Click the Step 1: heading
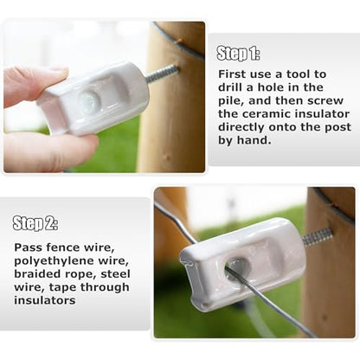coord(238,54)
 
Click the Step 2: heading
coord(35,223)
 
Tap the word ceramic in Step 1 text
coord(267,114)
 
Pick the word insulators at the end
coord(45,300)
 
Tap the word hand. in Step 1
coord(254,140)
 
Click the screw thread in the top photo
coord(163,74)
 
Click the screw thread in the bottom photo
coord(318,237)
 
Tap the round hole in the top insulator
coord(89,100)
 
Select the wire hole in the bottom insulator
coord(238,267)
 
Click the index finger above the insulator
coord(33,85)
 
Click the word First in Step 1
coord(232,74)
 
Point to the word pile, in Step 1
coord(231,101)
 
